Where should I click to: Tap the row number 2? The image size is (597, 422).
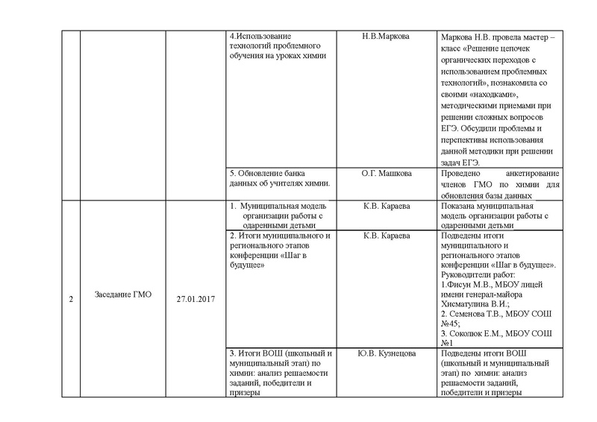tap(70, 299)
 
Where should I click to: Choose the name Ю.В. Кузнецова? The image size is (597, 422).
tap(386, 353)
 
